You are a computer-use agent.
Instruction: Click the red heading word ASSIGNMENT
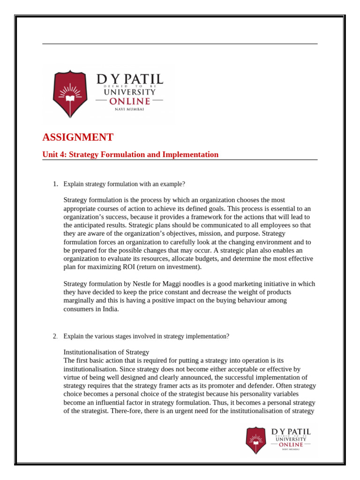pyautogui.click(x=78, y=137)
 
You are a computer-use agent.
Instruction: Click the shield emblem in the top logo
pyautogui.click(x=70, y=94)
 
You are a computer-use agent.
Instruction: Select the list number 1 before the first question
pyautogui.click(x=55, y=184)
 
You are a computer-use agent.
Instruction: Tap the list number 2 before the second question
pyautogui.click(x=55, y=337)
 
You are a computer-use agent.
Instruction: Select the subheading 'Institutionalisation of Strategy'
pyautogui.click(x=106, y=352)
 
